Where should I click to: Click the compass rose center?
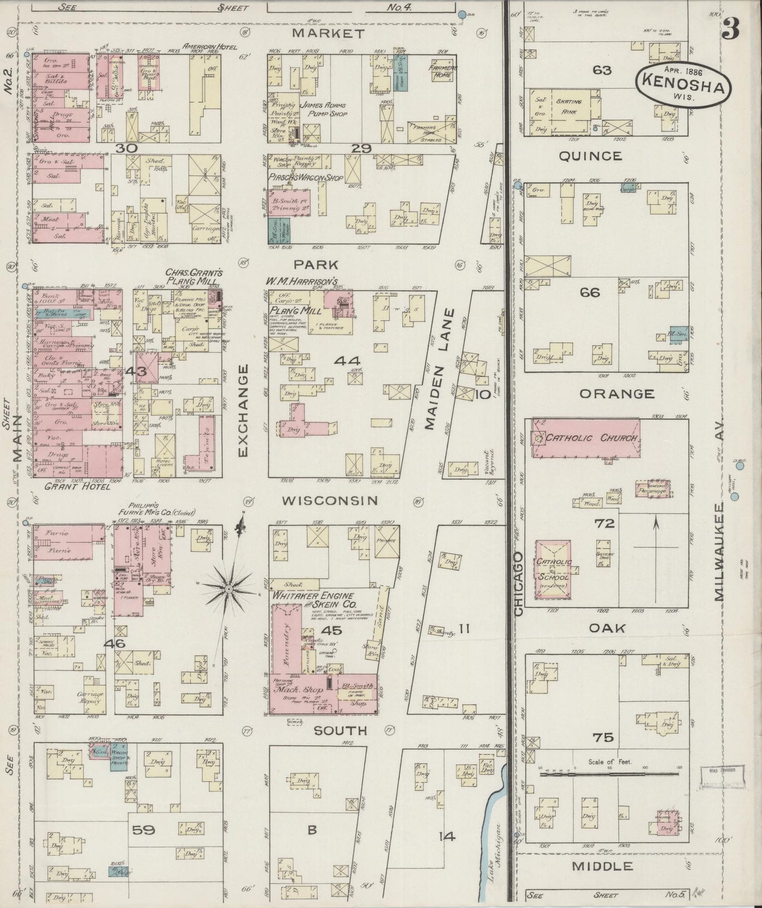pyautogui.click(x=229, y=588)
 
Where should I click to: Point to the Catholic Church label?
pyautogui.click(x=592, y=438)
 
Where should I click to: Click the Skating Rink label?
pyautogui.click(x=566, y=105)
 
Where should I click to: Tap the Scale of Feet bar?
pyautogui.click(x=610, y=774)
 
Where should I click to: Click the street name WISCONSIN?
pyautogui.click(x=330, y=500)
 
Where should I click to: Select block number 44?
pyautogui.click(x=346, y=361)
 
